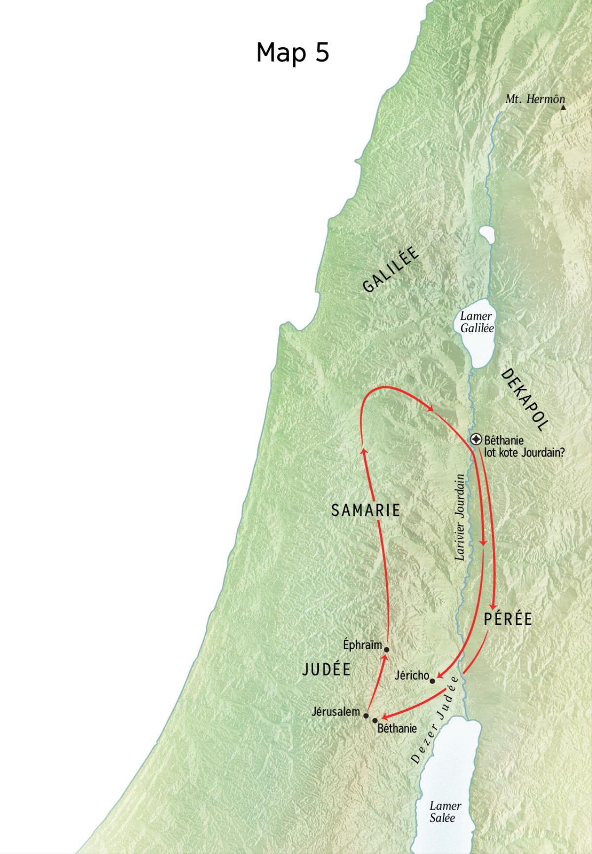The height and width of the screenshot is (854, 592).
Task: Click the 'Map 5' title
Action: (293, 52)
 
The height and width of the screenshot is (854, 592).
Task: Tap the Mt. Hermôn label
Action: (535, 99)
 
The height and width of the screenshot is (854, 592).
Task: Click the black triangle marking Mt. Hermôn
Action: (563, 106)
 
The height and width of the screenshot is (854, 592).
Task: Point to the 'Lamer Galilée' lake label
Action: (477, 322)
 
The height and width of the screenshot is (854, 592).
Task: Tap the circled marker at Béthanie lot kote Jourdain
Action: (477, 439)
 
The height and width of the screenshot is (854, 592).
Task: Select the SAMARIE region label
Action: (366, 511)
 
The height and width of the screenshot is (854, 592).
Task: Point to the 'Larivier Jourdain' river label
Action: (460, 517)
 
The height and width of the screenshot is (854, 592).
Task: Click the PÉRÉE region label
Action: (508, 619)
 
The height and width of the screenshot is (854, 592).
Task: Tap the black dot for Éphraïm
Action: (386, 649)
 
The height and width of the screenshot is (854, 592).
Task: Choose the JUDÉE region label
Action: (327, 669)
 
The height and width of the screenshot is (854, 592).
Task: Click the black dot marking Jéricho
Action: (433, 681)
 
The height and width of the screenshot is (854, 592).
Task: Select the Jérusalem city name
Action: (336, 711)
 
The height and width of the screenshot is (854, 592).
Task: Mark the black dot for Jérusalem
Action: (366, 715)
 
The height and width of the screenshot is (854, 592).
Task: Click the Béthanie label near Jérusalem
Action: (397, 728)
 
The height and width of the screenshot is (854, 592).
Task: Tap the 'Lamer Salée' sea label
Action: (445, 811)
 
